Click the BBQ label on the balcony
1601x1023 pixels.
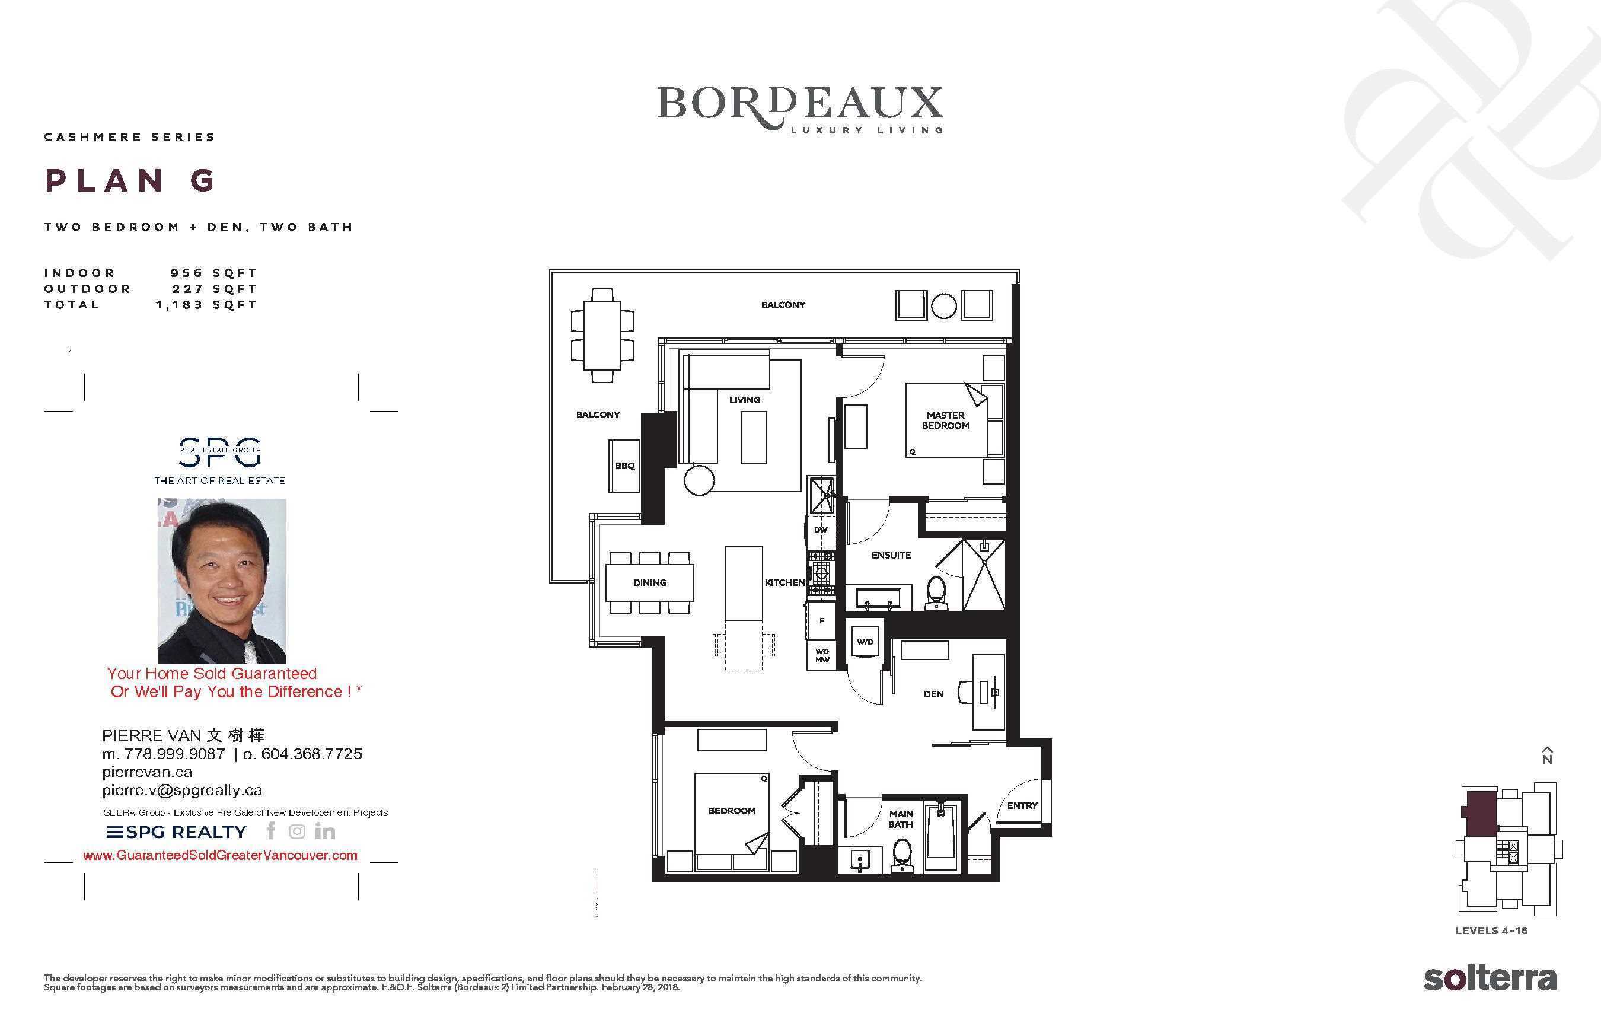point(625,466)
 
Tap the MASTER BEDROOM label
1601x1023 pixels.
point(945,420)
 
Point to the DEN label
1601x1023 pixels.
point(933,694)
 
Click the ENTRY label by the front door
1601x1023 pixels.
point(1022,805)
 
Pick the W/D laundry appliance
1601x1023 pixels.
point(865,641)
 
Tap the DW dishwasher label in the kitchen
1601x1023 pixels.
point(821,530)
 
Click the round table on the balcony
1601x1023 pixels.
point(943,306)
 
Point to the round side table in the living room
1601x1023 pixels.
point(699,480)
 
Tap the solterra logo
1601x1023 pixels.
point(1490,979)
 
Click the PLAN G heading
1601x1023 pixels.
point(130,180)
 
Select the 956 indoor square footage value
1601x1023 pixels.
point(186,273)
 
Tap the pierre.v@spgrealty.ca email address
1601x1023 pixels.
point(182,790)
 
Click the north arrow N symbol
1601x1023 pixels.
point(1547,755)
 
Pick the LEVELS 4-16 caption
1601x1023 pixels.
point(1491,930)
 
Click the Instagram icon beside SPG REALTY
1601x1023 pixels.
point(296,831)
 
